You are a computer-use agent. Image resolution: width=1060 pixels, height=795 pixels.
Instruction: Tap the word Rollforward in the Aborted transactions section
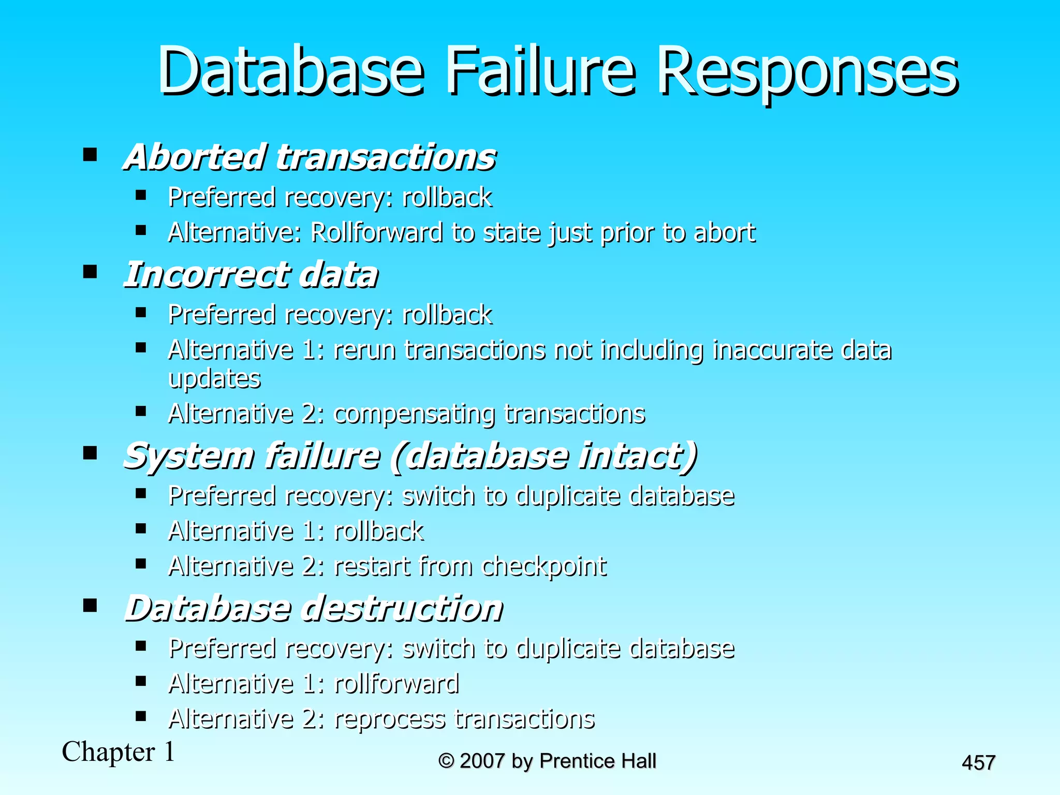point(376,232)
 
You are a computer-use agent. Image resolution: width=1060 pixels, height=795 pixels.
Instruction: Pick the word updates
point(214,379)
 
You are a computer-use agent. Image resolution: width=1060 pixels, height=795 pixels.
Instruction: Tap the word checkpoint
point(543,567)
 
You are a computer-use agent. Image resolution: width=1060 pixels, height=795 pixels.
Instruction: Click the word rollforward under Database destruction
point(396,684)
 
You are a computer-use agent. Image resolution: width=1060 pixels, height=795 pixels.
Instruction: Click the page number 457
point(978,763)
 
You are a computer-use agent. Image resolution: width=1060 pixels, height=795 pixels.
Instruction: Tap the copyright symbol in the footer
point(446,761)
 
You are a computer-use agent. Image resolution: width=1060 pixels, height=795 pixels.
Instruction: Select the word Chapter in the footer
point(108,752)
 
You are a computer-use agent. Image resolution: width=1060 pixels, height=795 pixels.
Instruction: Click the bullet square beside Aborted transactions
point(90,154)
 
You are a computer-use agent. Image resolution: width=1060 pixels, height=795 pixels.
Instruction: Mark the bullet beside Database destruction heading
point(90,605)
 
